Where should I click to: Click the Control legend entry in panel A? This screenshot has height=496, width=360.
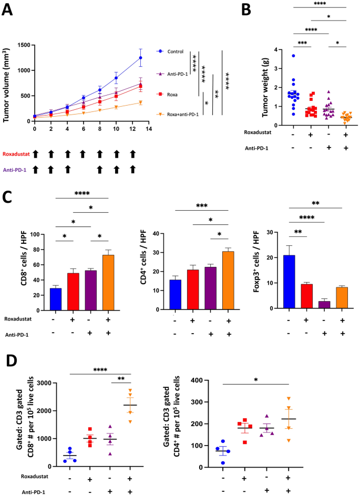click(176, 51)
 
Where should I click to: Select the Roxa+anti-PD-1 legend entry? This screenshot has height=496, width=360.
click(182, 114)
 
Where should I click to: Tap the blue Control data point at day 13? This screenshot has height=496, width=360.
click(140, 58)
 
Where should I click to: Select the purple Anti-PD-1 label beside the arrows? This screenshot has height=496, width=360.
click(15, 169)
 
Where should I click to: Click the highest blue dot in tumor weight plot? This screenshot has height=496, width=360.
click(293, 56)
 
